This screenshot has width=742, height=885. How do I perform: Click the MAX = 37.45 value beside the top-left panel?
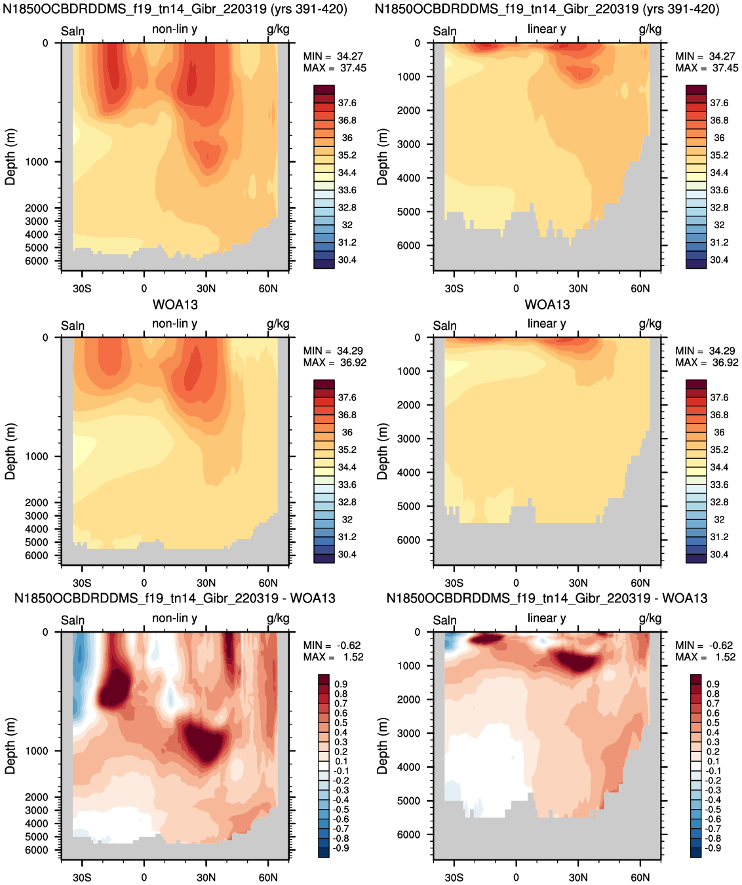click(334, 68)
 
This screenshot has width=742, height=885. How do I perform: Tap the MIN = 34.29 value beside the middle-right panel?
click(707, 351)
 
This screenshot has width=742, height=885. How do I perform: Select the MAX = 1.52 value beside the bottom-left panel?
click(333, 657)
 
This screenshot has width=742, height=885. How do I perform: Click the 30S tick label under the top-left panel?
click(82, 288)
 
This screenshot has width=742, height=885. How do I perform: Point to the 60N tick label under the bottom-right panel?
click(640, 877)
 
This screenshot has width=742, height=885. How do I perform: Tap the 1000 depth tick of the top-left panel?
click(37, 162)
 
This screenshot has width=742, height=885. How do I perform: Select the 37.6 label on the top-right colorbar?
click(719, 103)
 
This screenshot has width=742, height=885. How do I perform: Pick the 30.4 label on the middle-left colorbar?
click(347, 555)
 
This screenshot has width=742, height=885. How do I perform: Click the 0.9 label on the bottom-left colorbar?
click(341, 684)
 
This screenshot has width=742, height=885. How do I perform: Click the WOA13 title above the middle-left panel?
click(175, 304)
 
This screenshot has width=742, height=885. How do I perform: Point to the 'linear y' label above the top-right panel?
click(547, 29)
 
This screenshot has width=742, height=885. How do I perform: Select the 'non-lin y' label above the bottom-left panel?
click(174, 618)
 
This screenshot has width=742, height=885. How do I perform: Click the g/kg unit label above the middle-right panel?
click(650, 324)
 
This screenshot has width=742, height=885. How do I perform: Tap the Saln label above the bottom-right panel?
click(444, 620)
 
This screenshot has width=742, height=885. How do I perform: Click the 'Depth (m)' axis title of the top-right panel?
click(382, 157)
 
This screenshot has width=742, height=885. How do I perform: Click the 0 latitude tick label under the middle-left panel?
click(144, 583)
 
